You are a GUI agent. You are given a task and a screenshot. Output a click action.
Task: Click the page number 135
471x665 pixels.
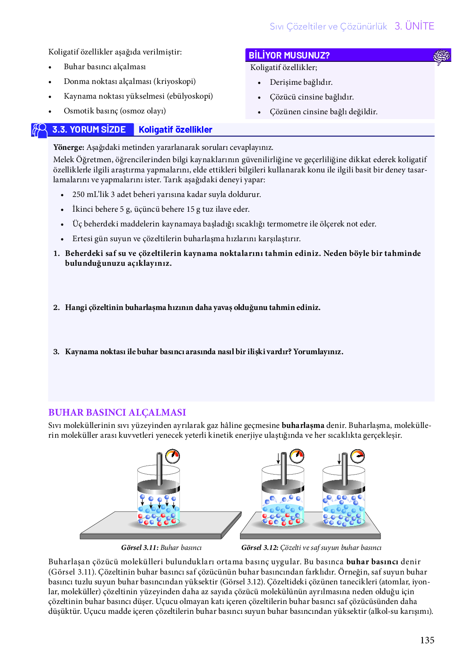(427, 640)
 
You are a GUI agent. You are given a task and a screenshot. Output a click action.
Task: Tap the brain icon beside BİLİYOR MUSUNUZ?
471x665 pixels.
(442, 56)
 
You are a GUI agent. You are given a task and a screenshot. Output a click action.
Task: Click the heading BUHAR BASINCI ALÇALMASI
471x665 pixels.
(117, 412)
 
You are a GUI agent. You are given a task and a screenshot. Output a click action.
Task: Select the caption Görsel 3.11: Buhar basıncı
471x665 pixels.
(161, 547)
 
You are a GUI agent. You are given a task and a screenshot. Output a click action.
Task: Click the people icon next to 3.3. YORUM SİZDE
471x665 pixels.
(40, 130)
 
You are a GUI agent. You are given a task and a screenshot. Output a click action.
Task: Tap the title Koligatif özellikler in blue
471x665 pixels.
(175, 130)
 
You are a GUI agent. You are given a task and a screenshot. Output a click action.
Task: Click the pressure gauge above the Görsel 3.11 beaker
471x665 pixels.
(173, 456)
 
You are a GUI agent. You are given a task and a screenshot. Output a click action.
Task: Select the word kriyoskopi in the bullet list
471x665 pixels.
(174, 81)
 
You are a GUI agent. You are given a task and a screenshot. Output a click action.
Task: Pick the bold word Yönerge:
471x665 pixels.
(69, 147)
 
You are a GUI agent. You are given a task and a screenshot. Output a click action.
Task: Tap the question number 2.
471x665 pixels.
(56, 308)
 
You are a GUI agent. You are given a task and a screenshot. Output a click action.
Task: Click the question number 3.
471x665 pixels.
(56, 352)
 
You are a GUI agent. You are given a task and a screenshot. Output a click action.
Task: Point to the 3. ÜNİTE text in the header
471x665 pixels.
(414, 26)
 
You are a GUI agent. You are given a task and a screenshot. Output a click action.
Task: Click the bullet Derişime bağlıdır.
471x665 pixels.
(301, 82)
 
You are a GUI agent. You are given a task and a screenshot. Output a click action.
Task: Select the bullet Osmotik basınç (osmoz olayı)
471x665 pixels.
(114, 111)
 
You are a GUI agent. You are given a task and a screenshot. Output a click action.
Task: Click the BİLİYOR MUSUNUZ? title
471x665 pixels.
(289, 55)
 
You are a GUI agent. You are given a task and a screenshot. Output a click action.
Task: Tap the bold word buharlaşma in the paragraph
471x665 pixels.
(303, 425)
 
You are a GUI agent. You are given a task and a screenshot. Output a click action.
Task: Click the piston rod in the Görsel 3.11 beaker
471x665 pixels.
(159, 468)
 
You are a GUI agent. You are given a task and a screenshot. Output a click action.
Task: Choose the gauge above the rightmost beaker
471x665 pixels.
(358, 456)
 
